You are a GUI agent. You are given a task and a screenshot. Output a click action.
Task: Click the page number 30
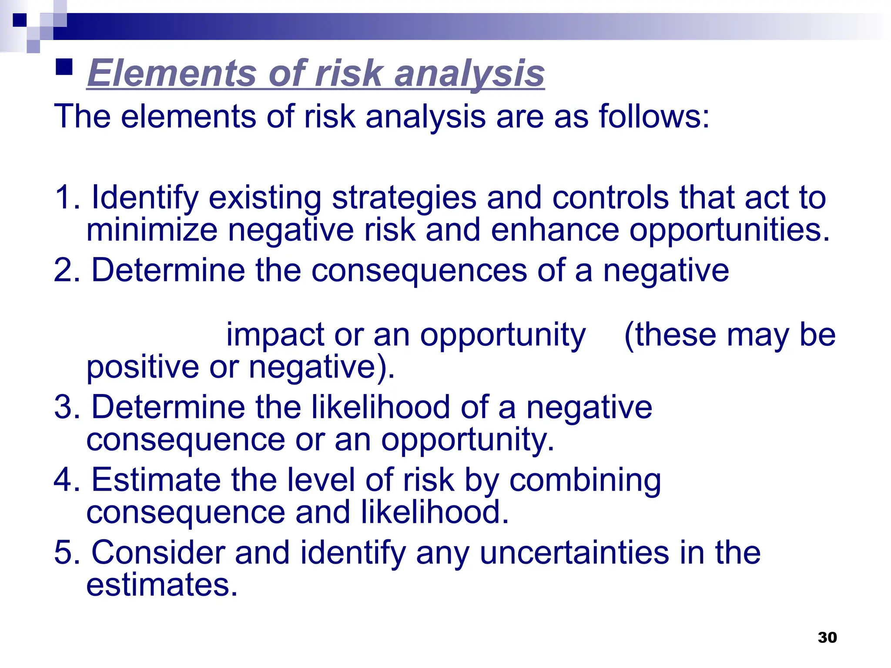827,637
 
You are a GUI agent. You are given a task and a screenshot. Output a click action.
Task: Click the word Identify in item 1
144,198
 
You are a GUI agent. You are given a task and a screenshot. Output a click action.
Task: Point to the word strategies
404,198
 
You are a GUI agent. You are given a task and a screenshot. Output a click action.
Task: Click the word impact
275,335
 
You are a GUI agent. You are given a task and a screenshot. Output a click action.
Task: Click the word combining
585,481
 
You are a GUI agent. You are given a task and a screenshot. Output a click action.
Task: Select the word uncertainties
574,553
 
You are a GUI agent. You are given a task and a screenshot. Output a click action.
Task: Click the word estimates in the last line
161,585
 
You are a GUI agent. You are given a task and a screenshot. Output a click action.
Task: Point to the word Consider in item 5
157,553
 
